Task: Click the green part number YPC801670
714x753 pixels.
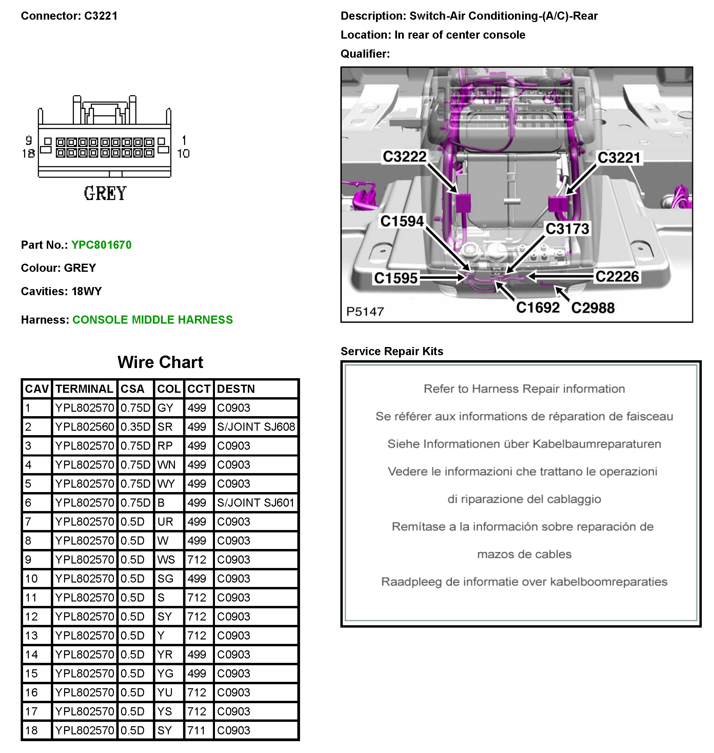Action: (x=101, y=245)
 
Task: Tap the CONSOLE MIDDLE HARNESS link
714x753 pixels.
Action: (x=152, y=320)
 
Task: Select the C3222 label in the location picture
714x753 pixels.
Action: (x=404, y=156)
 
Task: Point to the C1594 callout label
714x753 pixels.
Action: (x=402, y=221)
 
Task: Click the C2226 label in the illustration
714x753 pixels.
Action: (x=617, y=277)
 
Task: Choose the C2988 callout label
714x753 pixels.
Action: (x=593, y=308)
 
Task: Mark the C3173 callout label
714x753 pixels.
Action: (x=567, y=229)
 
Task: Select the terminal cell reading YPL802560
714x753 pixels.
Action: (x=84, y=427)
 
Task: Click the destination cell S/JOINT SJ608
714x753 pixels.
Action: (x=256, y=427)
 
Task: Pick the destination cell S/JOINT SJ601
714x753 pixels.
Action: (x=256, y=503)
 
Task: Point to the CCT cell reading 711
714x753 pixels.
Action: (x=196, y=730)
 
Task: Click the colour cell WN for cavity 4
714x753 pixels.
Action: (x=166, y=465)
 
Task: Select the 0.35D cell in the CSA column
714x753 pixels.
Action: (x=135, y=427)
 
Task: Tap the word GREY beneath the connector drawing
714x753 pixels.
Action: (x=105, y=193)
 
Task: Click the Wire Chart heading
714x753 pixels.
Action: (x=160, y=362)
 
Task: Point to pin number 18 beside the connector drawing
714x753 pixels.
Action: (x=28, y=153)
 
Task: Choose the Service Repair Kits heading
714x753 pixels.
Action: (x=392, y=351)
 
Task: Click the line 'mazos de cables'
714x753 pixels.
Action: (x=524, y=554)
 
